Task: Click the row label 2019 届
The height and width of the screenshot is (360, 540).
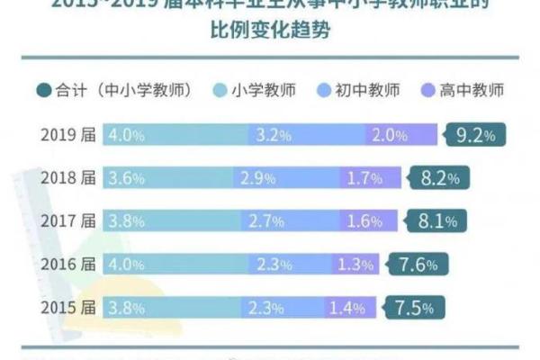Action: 67,136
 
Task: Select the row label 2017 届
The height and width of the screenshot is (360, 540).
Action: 67,220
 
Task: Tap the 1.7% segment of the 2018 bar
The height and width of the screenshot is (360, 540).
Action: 364,178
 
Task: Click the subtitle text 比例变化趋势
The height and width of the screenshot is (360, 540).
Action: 269,33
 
